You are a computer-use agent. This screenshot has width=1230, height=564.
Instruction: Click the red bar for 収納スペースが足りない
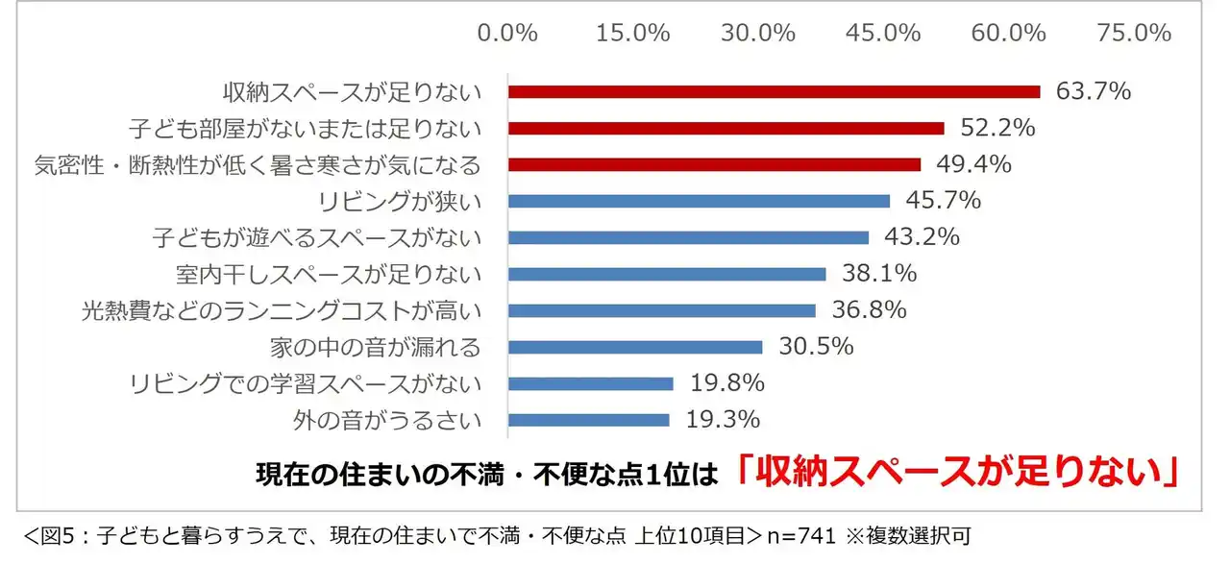(x=774, y=92)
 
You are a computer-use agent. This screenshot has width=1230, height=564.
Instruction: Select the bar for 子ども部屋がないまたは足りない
(x=726, y=129)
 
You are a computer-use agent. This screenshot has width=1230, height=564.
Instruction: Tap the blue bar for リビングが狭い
(x=699, y=202)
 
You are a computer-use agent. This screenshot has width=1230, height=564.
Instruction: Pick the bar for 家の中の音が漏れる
(x=635, y=347)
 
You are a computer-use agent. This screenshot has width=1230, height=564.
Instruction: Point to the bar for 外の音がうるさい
(x=588, y=420)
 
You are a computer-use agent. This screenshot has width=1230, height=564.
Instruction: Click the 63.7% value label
(x=1093, y=92)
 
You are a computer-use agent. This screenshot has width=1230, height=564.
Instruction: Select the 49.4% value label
(x=973, y=165)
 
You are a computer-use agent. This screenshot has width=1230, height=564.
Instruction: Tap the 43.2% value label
(x=922, y=237)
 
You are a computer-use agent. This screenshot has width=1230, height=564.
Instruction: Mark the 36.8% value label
(x=869, y=310)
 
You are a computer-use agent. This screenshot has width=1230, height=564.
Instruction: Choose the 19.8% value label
(x=726, y=383)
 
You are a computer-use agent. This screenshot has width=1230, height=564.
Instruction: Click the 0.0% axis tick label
(x=507, y=34)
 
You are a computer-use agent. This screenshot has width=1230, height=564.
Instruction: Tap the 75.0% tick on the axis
(x=1135, y=34)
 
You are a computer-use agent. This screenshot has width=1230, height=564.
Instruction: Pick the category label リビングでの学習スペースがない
(x=305, y=384)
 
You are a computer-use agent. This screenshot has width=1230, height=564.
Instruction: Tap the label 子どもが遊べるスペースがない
(x=317, y=238)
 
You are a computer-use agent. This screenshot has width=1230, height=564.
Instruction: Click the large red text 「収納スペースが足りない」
(x=956, y=472)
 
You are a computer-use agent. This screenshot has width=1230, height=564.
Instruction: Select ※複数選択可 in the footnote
(x=912, y=535)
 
